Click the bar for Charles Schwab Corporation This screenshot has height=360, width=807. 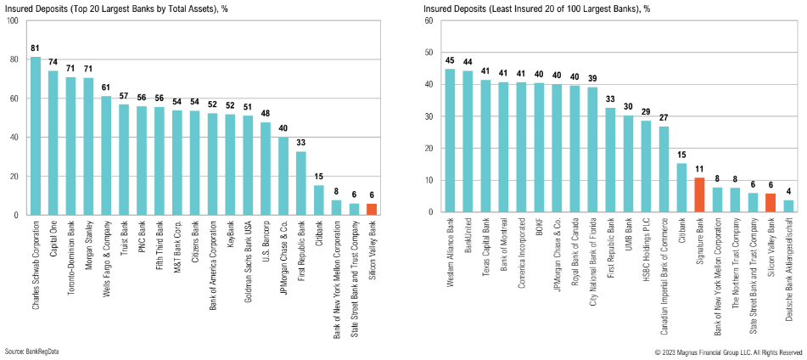(36, 136)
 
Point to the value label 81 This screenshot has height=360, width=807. (36, 48)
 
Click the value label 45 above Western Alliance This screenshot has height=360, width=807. (450, 60)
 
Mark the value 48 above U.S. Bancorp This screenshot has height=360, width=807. (266, 113)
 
